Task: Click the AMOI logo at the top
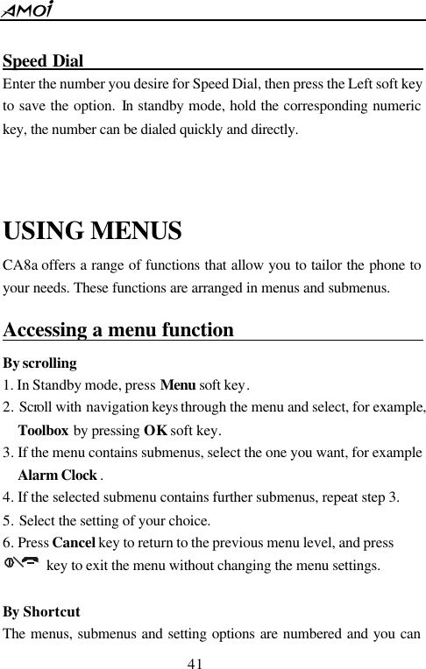[29, 10]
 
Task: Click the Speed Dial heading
[43, 63]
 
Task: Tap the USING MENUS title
[93, 232]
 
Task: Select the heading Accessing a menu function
[118, 331]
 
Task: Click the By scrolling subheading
[40, 363]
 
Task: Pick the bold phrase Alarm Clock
[57, 476]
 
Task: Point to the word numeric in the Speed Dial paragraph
[399, 109]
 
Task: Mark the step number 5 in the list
[8, 522]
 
